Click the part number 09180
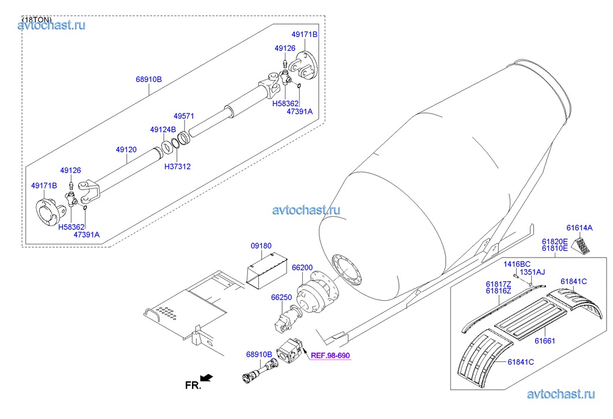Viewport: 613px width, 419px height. pyautogui.click(x=261, y=246)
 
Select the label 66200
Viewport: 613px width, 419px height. pyautogui.click(x=302, y=267)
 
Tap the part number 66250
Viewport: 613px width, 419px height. pyautogui.click(x=281, y=297)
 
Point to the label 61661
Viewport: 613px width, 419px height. pyautogui.click(x=544, y=341)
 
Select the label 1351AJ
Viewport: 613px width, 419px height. pyautogui.click(x=532, y=272)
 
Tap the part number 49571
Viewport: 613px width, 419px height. pyautogui.click(x=185, y=116)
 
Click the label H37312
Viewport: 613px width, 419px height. pyautogui.click(x=177, y=167)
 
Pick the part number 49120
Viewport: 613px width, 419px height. pyautogui.click(x=126, y=149)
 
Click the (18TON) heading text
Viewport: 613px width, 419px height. pyautogui.click(x=37, y=20)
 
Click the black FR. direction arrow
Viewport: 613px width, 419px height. pyautogui.click(x=206, y=378)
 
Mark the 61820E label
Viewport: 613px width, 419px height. pyautogui.click(x=554, y=241)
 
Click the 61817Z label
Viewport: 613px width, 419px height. pyautogui.click(x=498, y=284)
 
